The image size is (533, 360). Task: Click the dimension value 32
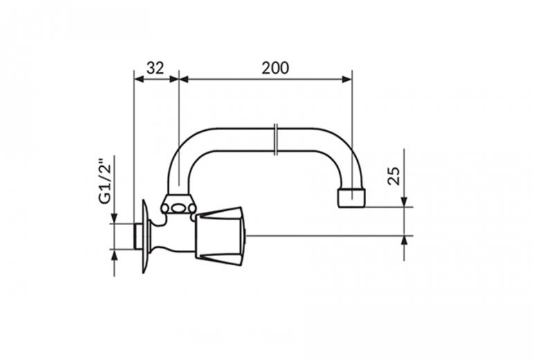[155, 69]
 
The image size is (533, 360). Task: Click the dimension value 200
[275, 69]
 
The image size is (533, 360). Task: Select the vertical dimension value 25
[395, 176]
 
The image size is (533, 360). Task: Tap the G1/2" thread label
[105, 181]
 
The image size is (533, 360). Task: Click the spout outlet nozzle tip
[352, 198]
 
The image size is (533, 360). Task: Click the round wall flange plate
[145, 236]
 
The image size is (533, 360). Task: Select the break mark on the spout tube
[277, 139]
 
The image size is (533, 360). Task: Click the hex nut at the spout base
[178, 204]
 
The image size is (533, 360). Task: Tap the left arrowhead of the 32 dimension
[139, 79]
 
